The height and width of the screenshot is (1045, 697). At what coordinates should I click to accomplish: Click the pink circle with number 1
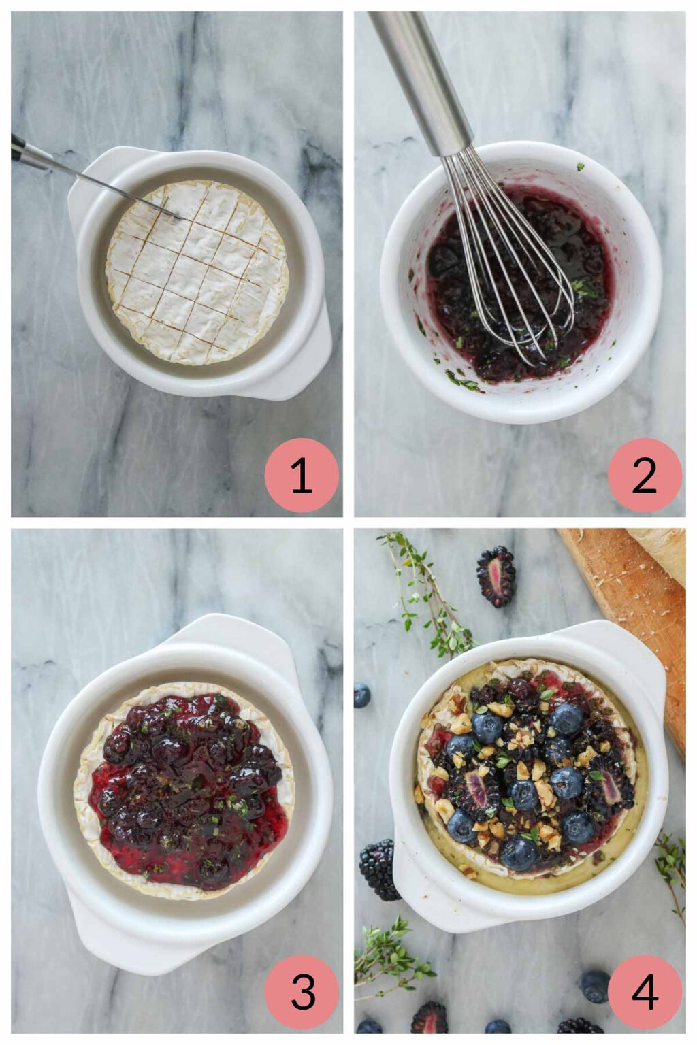point(302,475)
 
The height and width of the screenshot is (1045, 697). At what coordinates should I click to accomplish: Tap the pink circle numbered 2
point(645,475)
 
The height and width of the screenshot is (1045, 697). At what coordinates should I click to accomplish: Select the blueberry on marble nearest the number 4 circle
point(595,986)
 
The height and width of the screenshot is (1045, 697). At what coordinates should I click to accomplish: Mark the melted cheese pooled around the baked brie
point(585,871)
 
